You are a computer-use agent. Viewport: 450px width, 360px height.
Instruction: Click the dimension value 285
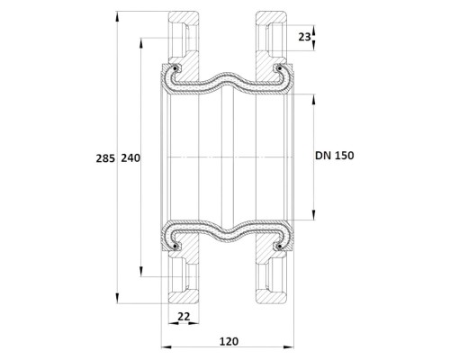pos(105,158)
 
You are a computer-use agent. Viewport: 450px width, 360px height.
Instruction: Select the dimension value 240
pos(130,158)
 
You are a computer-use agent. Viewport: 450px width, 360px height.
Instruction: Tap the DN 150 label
pos(335,156)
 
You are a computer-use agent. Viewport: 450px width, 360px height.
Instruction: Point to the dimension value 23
pos(304,37)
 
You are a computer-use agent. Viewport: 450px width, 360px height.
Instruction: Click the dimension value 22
pos(184,316)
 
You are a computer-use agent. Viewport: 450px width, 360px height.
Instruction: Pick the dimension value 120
pos(229,341)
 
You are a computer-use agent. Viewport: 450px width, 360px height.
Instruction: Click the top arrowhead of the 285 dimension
pos(117,16)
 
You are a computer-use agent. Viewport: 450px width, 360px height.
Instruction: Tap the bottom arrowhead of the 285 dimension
pos(117,299)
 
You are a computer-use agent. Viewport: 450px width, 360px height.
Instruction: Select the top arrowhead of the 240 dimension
pos(140,43)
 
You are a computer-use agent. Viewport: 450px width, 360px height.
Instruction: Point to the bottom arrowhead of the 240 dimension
pos(140,272)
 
